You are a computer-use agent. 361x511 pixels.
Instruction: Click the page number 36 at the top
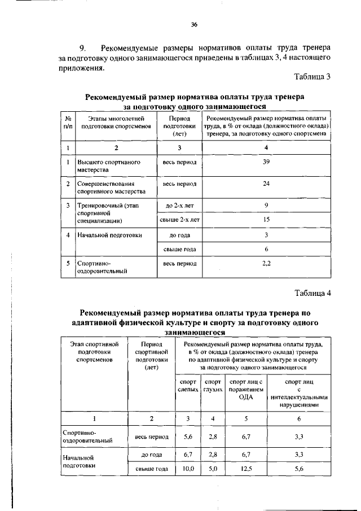pyautogui.click(x=194, y=25)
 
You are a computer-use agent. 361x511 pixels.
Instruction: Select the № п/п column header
pyautogui.click(x=68, y=123)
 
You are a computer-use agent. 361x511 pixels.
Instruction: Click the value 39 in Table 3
pyautogui.click(x=266, y=162)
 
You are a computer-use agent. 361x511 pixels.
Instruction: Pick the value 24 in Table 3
pyautogui.click(x=266, y=184)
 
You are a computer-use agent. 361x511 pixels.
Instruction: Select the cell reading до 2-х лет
pyautogui.click(x=179, y=205)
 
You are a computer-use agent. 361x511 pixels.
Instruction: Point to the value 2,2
pyautogui.click(x=266, y=263)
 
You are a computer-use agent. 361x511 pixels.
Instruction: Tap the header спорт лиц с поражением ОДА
pyautogui.click(x=245, y=390)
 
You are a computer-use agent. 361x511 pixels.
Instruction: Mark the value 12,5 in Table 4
pyautogui.click(x=245, y=469)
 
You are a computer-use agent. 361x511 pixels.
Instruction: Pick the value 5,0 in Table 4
pyautogui.click(x=213, y=469)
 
